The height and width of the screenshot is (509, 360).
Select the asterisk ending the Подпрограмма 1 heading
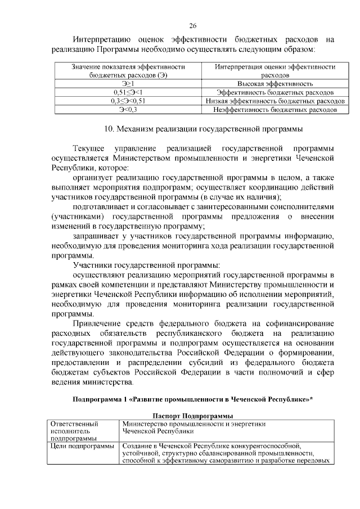coord(311,399)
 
